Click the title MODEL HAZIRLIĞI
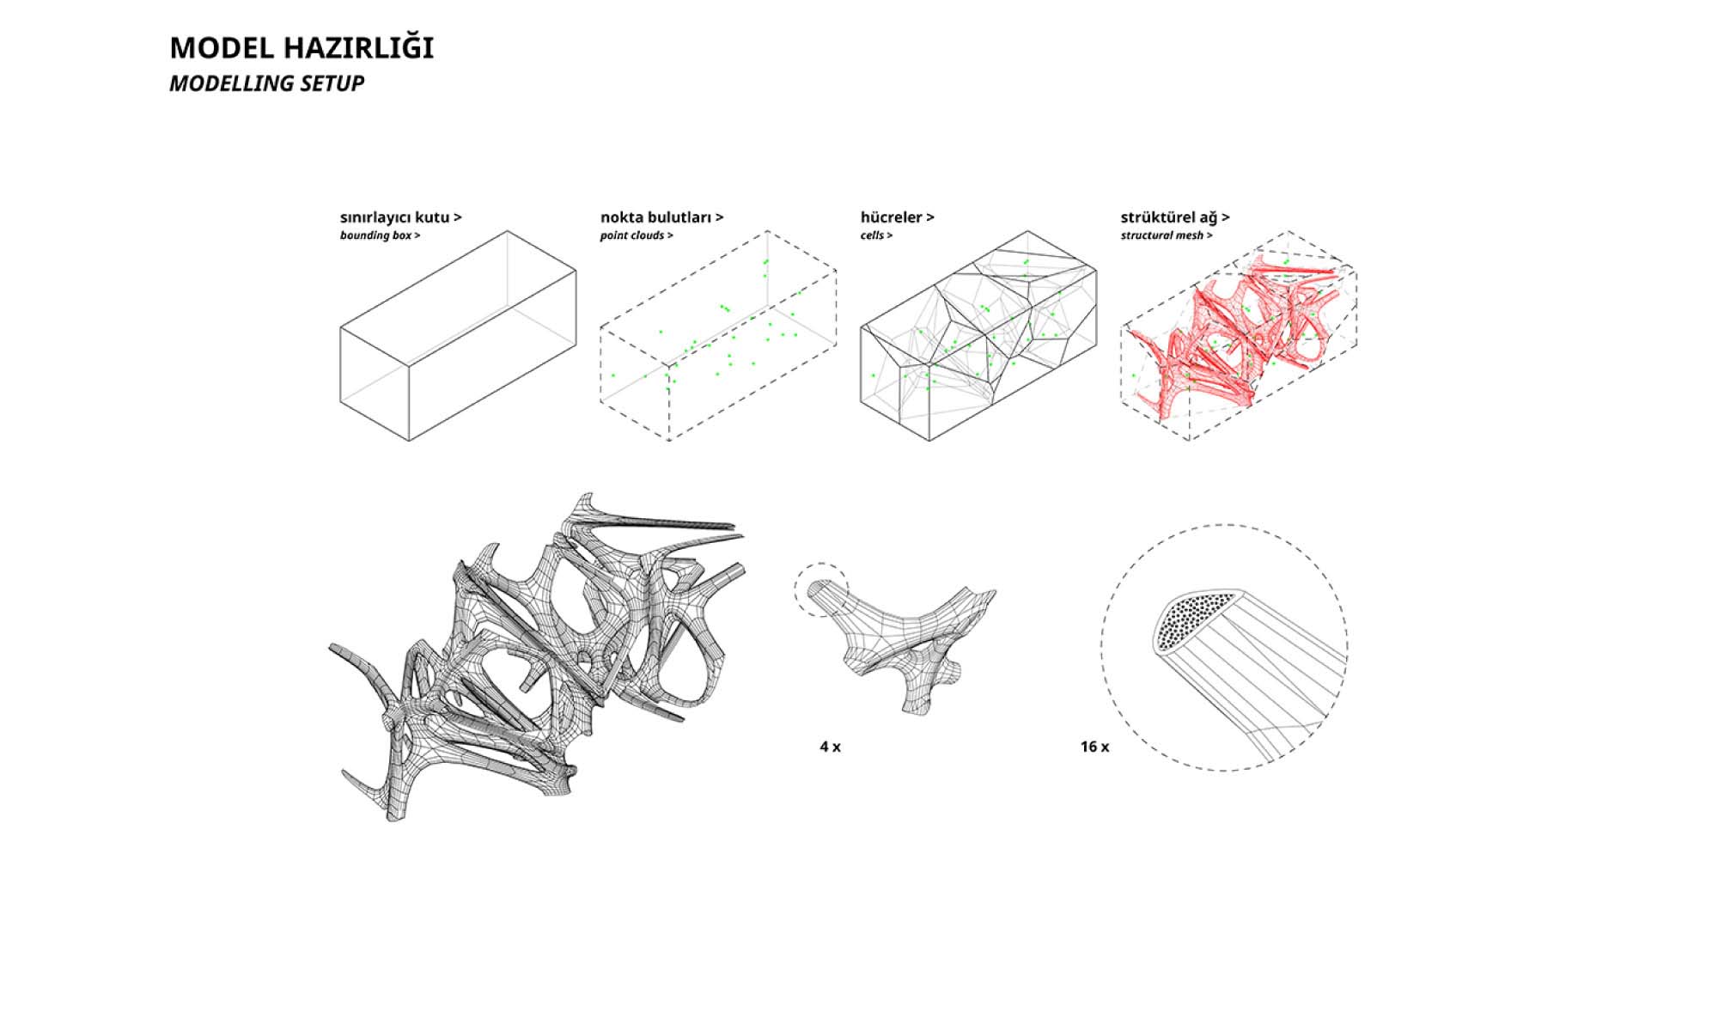tap(302, 48)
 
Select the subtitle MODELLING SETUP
tap(266, 83)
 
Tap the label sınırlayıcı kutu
tap(395, 217)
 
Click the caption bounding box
tap(375, 235)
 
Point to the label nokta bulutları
tap(656, 217)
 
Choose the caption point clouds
tap(631, 235)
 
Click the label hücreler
tap(892, 217)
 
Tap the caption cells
tap(872, 235)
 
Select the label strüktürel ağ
tap(1169, 217)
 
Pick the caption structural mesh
tap(1161, 235)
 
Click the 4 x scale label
tap(830, 747)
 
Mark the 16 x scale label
tap(1094, 747)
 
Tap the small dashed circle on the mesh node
tap(821, 589)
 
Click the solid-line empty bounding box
tap(458, 336)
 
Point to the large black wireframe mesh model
tap(537, 657)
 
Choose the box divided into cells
tap(978, 336)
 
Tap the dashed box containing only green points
tap(718, 336)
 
